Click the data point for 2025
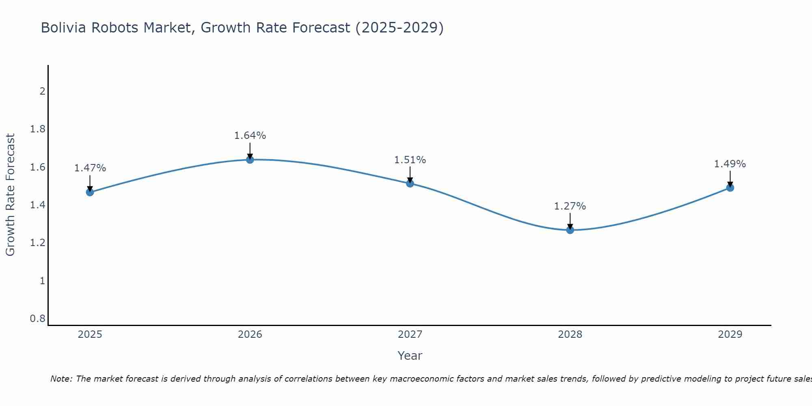pos(90,192)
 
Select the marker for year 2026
pos(250,160)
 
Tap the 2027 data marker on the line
pos(410,184)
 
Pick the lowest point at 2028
pos(570,230)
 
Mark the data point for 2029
pos(730,188)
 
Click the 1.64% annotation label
pos(250,136)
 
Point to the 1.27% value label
pos(570,206)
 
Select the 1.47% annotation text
pos(90,168)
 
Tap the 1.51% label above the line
pos(410,160)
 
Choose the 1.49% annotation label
pos(730,164)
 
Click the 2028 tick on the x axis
pos(570,335)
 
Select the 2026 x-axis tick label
pos(250,335)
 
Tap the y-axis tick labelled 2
pos(42,91)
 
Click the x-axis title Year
pos(410,356)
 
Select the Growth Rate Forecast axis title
pos(10,195)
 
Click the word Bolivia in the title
pos(63,28)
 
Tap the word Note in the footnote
pos(61,379)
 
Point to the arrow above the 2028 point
pos(570,221)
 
